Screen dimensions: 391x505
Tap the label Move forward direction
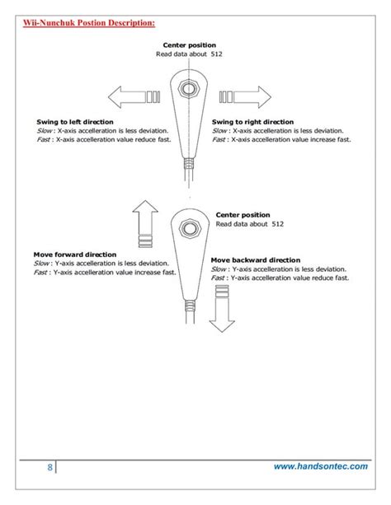(x=74, y=255)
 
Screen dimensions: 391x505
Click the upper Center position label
(x=189, y=44)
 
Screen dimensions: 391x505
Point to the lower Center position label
(x=243, y=214)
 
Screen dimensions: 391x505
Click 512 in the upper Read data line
(x=215, y=54)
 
